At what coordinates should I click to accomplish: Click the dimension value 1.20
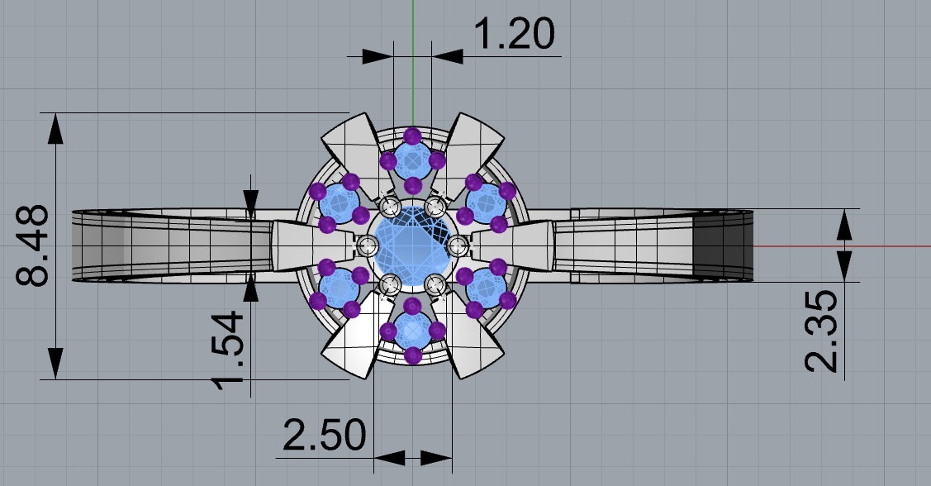(513, 35)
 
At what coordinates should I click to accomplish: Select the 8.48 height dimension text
(35, 246)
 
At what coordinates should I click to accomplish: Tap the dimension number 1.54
(228, 348)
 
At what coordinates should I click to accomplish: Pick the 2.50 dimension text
(324, 434)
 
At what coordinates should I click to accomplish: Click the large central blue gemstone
(412, 245)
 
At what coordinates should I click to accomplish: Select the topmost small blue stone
(412, 159)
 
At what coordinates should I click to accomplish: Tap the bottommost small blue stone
(412, 331)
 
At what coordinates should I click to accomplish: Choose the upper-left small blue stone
(338, 201)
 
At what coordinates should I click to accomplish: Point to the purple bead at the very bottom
(412, 355)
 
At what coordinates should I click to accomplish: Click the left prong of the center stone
(368, 245)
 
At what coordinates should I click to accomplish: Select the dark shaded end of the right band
(723, 245)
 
